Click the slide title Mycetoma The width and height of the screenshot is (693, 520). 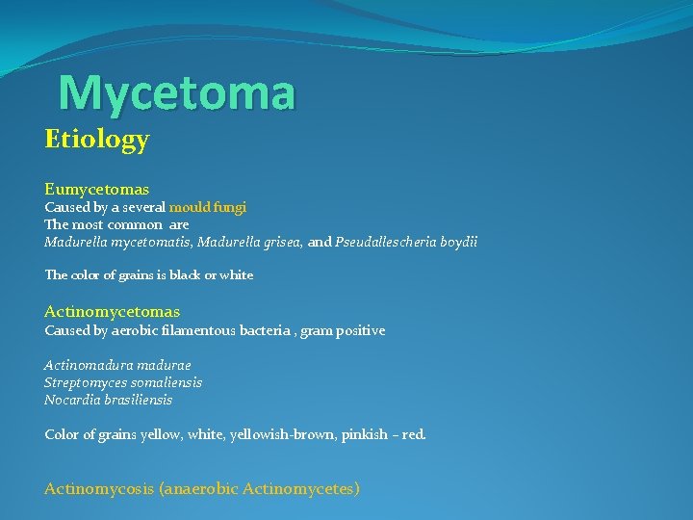click(x=177, y=93)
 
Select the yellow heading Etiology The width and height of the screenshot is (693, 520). click(x=96, y=141)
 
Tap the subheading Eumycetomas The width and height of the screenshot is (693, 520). click(x=95, y=191)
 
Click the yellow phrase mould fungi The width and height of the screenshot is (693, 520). click(x=208, y=207)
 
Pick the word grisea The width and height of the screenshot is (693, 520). click(x=281, y=243)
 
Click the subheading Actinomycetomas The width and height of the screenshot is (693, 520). click(x=112, y=312)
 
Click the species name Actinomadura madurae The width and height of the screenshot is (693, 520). click(x=117, y=366)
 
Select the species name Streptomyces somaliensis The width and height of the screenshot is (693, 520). click(x=123, y=383)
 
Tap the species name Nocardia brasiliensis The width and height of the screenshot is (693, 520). click(x=109, y=400)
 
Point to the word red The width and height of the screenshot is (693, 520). click(x=413, y=435)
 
